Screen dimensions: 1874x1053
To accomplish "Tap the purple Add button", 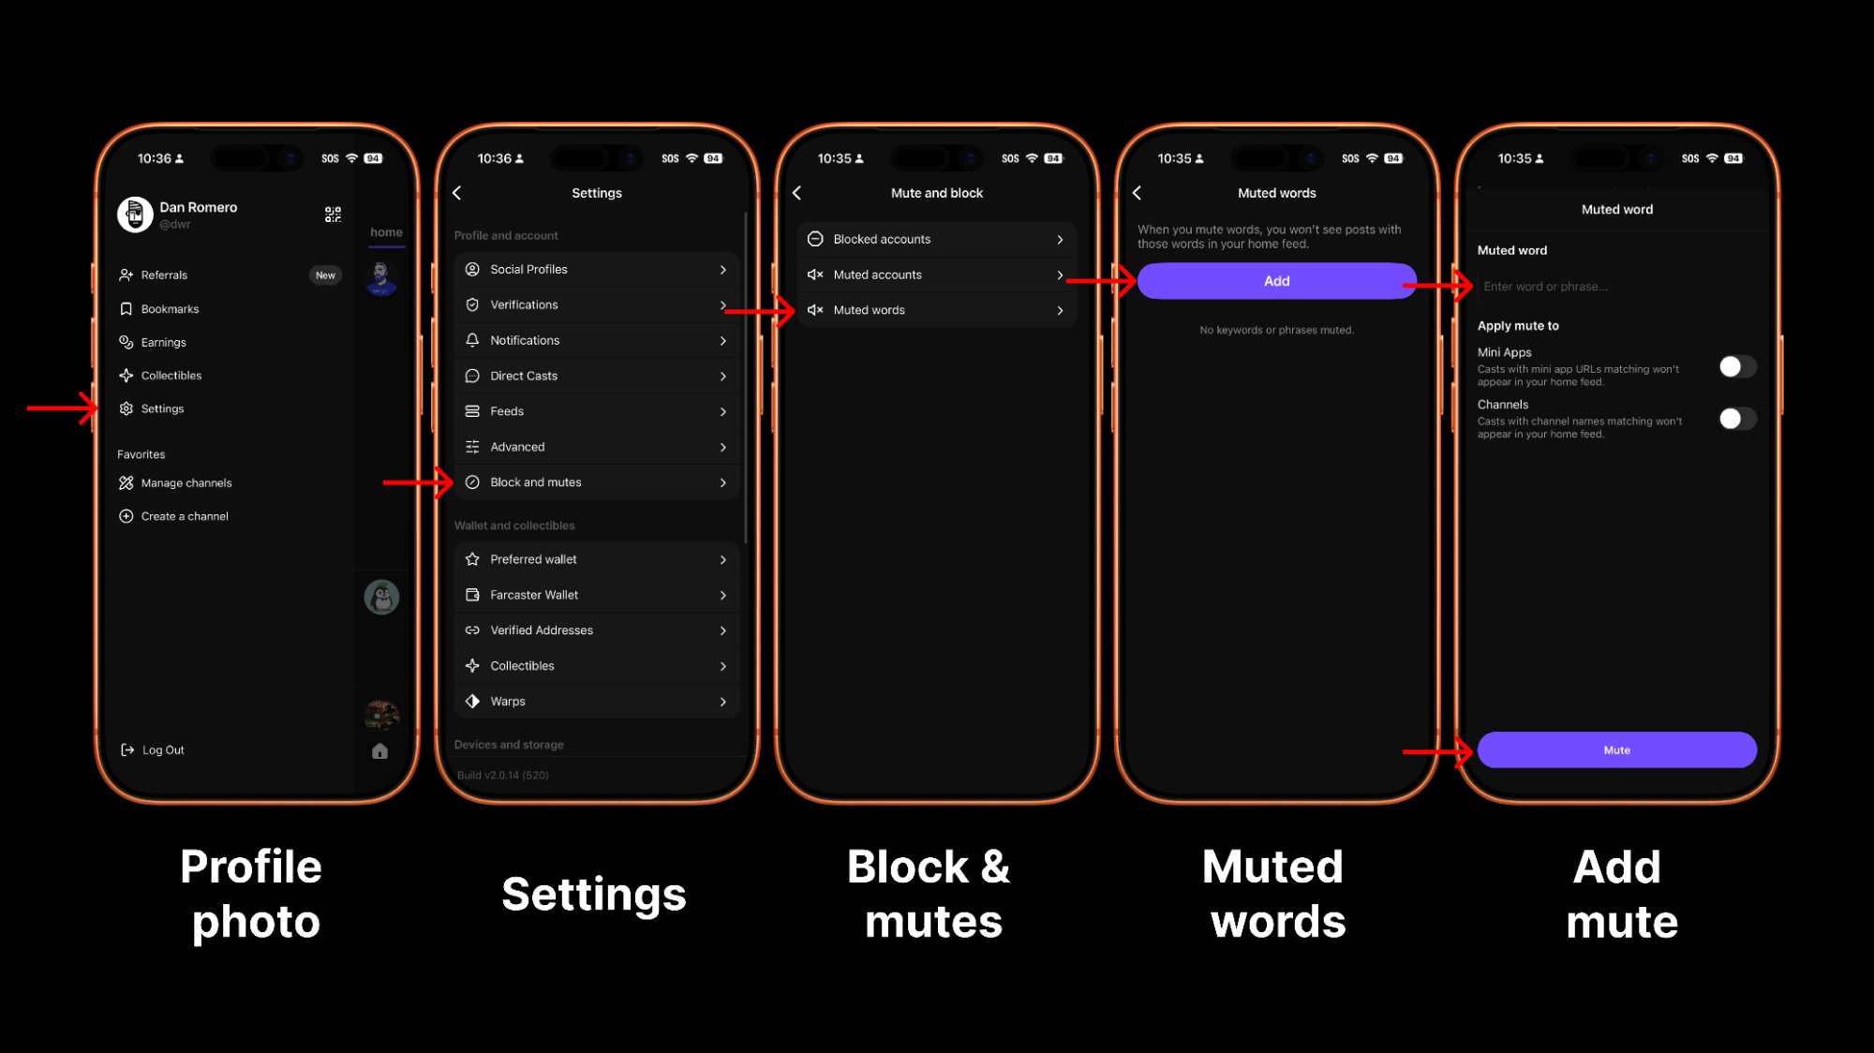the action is tap(1276, 281).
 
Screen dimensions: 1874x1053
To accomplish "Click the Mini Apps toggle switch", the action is tap(1737, 366).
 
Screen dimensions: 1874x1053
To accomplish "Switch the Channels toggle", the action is tap(1737, 419).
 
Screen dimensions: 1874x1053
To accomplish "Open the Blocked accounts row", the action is tap(937, 239).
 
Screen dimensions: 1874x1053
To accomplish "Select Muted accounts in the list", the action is tap(937, 274).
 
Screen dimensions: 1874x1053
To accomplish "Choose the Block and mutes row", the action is tap(597, 482).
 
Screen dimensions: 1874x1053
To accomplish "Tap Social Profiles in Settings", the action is tap(597, 270).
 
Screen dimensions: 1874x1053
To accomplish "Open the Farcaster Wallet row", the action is tap(597, 595).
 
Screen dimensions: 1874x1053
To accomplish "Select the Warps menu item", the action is tap(597, 702).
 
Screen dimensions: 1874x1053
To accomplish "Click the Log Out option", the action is tap(153, 750).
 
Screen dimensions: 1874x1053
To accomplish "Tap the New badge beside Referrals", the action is tap(325, 275).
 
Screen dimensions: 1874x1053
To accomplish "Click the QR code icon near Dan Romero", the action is tap(333, 215).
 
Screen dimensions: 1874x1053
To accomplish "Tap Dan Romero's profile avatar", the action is tap(135, 215).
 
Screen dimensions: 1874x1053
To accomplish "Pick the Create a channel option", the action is tap(173, 516).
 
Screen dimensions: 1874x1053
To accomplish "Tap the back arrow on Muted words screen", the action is tap(1137, 193).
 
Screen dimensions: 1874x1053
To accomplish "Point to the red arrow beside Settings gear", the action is tap(63, 408).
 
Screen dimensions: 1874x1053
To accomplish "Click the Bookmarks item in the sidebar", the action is tap(159, 309).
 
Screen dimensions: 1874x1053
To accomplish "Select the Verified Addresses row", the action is tap(597, 630).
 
